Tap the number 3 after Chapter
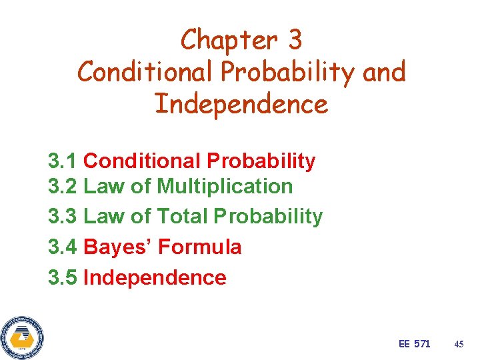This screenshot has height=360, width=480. tap(295, 41)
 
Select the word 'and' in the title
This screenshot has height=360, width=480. tap(384, 72)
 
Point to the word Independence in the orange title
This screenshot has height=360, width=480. tap(241, 104)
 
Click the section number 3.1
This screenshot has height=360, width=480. tap(63, 161)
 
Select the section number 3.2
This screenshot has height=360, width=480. tap(63, 186)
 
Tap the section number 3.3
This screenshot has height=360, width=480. tap(63, 216)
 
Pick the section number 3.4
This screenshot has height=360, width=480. tap(63, 247)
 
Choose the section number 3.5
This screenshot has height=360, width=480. tap(63, 277)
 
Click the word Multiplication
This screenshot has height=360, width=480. tap(225, 186)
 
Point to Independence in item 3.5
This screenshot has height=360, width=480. tap(155, 277)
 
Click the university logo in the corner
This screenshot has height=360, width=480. tap(22, 336)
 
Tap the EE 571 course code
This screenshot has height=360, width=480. tap(414, 344)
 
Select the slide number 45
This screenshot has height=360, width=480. tap(458, 344)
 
